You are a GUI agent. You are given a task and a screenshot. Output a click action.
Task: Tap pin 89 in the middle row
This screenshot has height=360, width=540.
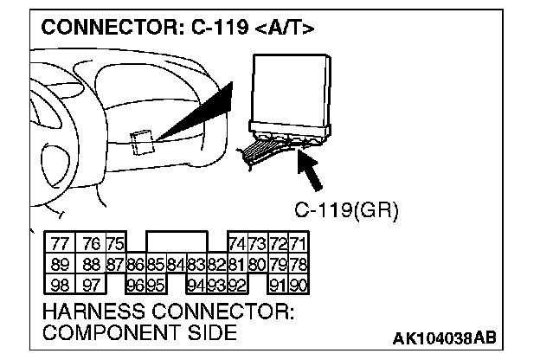(x=61, y=263)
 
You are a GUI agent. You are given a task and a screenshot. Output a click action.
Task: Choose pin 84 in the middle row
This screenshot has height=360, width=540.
(x=175, y=263)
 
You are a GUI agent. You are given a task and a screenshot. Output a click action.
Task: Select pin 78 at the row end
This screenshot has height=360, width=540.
(x=299, y=263)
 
